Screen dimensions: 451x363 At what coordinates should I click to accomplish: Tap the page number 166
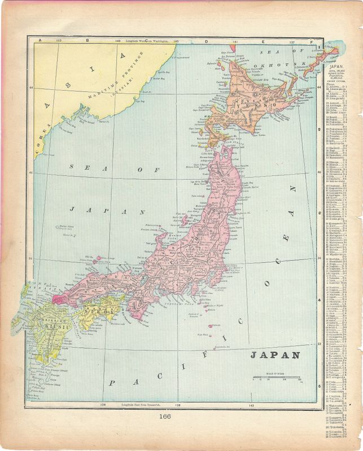[x=165, y=417]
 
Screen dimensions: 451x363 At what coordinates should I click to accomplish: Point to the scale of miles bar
[x=276, y=376]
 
